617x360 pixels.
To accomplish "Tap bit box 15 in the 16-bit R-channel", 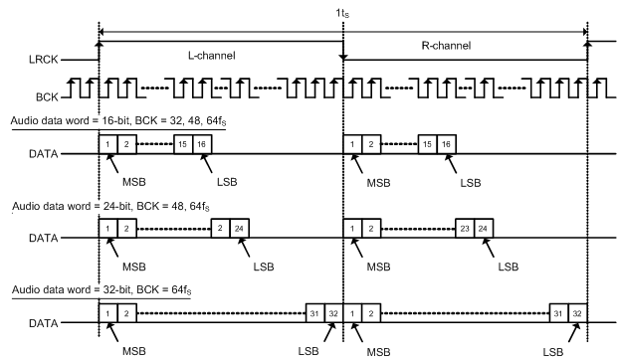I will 428,145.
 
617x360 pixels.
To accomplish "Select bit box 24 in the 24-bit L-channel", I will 240,228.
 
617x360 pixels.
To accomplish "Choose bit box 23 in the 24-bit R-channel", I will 464,228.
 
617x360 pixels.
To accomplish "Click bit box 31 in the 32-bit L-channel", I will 314,310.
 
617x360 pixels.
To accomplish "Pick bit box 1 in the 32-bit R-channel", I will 351,310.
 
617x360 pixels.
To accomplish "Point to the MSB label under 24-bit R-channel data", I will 379,266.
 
